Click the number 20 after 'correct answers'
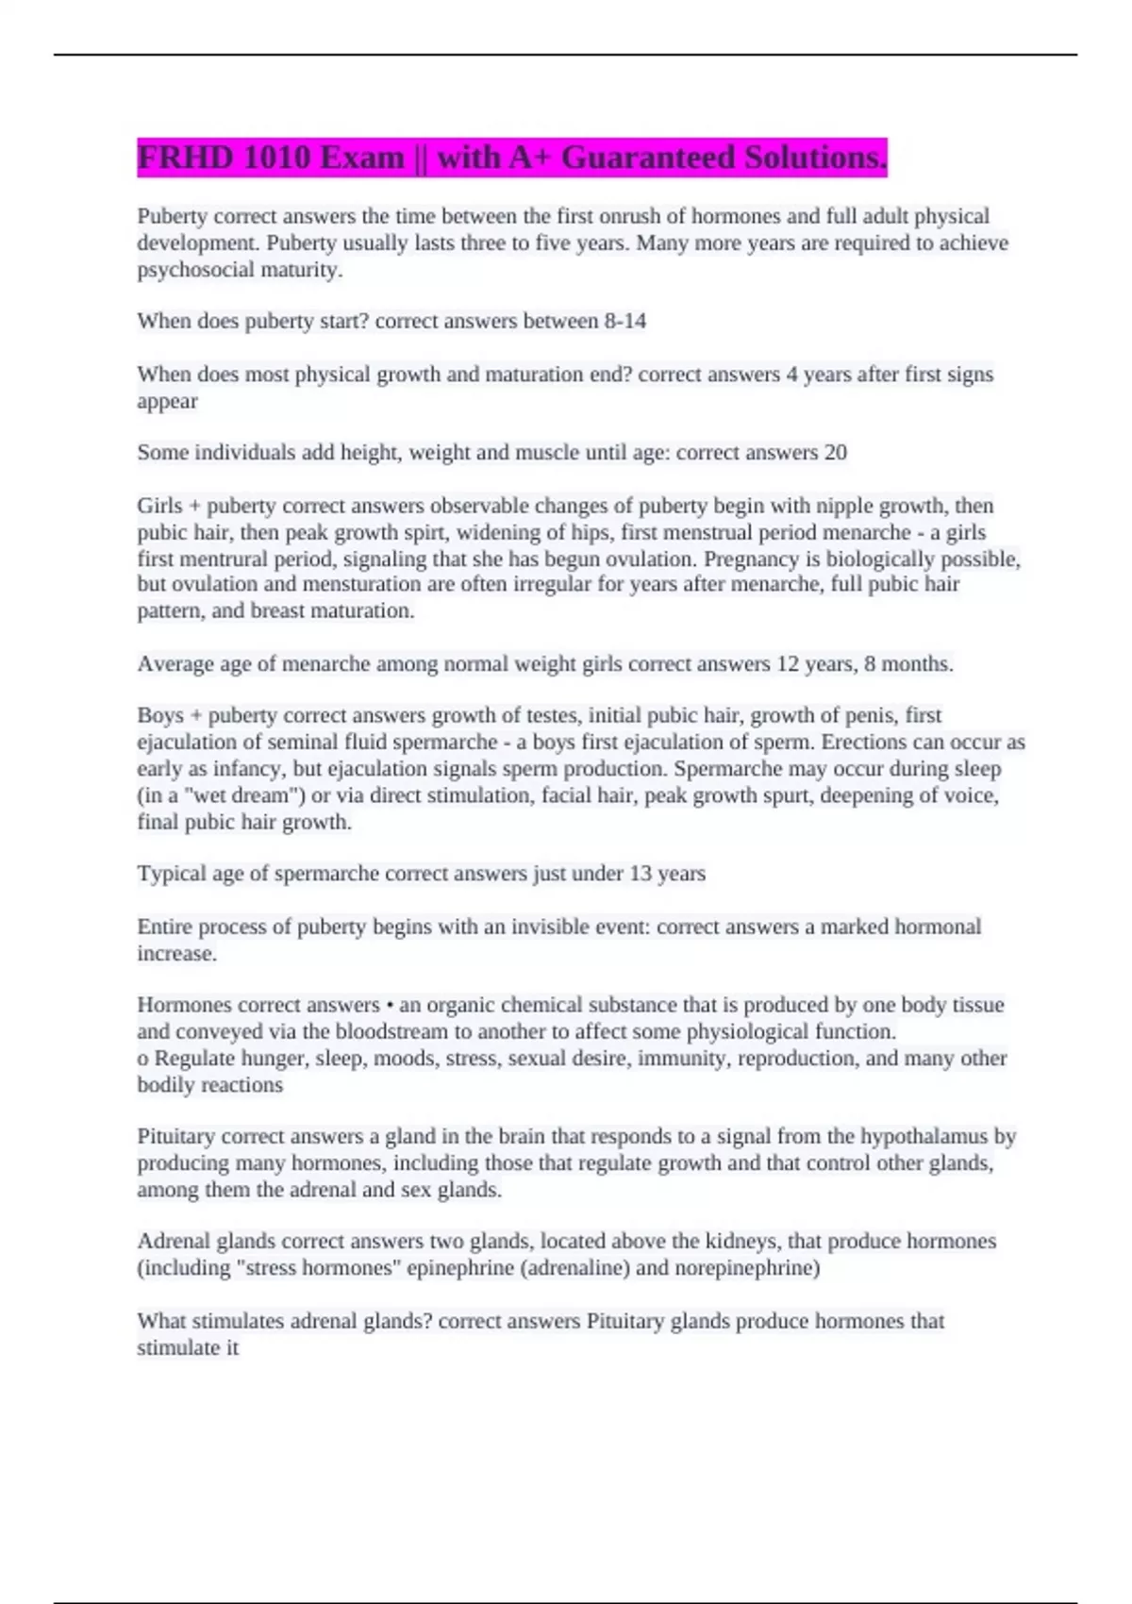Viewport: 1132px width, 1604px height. pos(835,453)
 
